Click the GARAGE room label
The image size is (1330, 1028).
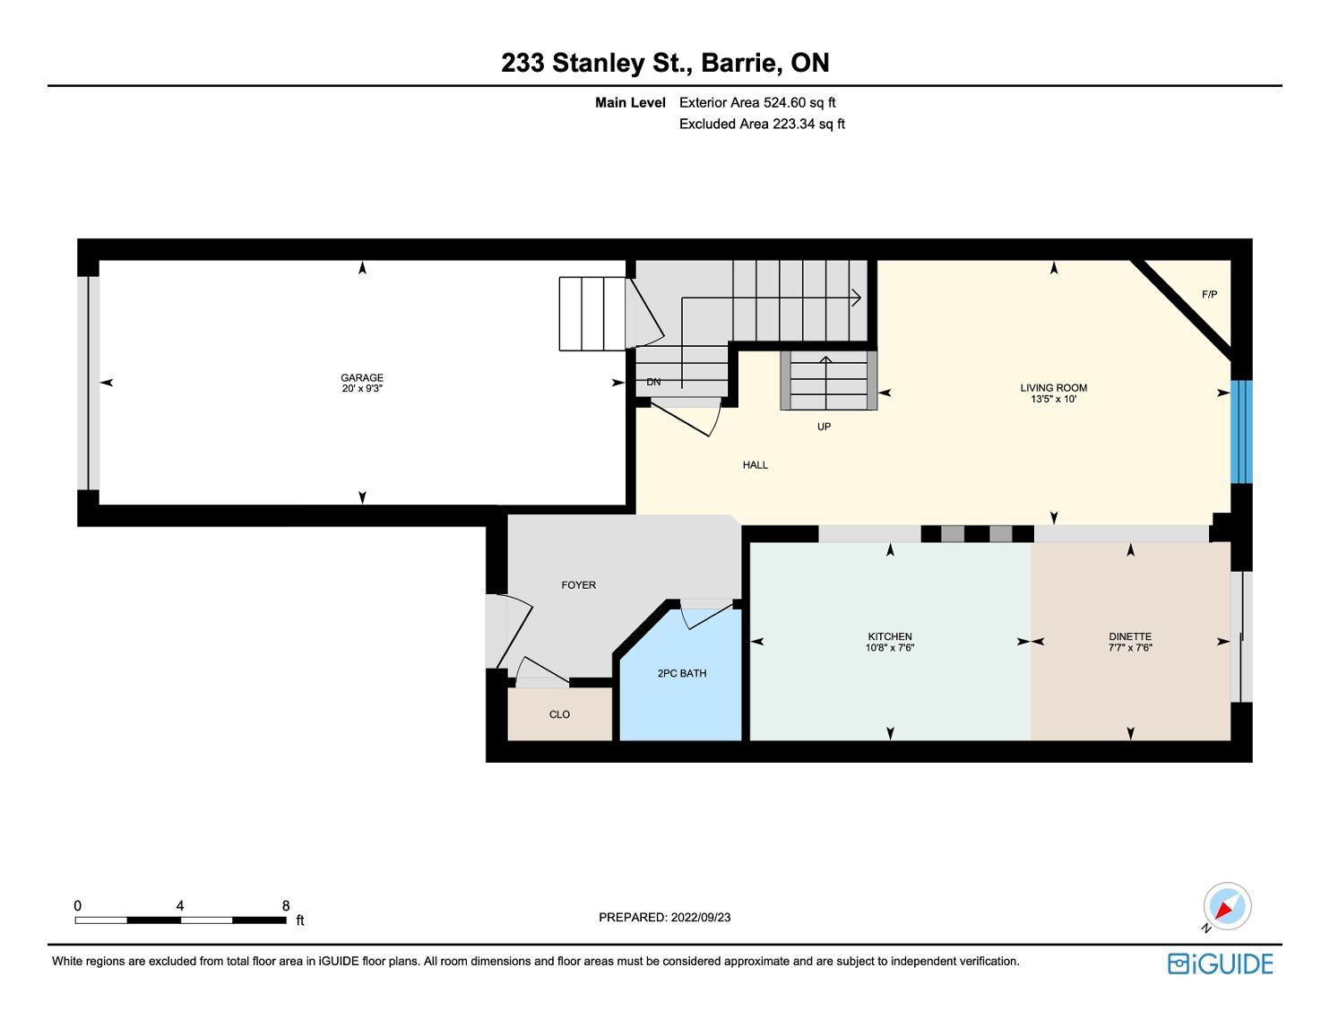click(x=362, y=377)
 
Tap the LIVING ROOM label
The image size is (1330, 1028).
click(x=1053, y=387)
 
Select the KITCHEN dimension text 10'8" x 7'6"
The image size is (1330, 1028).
click(x=889, y=647)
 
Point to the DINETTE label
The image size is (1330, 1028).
click(x=1130, y=636)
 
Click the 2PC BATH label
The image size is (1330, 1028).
click(x=682, y=673)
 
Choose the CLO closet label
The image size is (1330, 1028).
click(x=559, y=714)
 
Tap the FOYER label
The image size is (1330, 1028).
click(x=578, y=585)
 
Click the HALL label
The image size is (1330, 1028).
click(x=755, y=465)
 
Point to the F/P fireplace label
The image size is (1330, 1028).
click(x=1209, y=294)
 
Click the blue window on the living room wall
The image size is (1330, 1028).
click(x=1241, y=432)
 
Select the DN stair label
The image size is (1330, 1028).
click(x=653, y=382)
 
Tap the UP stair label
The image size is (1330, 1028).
click(x=824, y=427)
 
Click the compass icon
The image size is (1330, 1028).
click(x=1227, y=906)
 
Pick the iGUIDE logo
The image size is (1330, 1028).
click(x=1220, y=964)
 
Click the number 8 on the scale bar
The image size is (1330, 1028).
click(x=286, y=905)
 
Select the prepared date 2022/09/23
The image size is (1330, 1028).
click(x=701, y=917)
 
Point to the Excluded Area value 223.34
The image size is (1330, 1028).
click(x=794, y=124)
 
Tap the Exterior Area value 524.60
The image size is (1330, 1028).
click(x=785, y=102)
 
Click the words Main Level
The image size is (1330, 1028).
click(x=630, y=102)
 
